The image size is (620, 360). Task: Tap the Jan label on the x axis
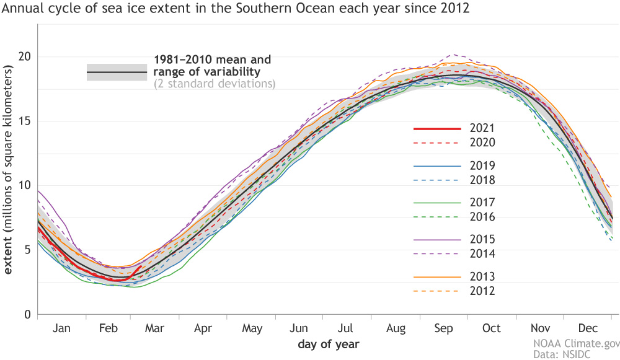point(61,328)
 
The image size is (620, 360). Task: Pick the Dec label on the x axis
point(588,328)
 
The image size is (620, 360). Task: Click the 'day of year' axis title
point(328,343)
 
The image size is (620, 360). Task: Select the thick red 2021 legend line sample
point(437,129)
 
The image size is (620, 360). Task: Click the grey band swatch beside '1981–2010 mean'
point(117,72)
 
